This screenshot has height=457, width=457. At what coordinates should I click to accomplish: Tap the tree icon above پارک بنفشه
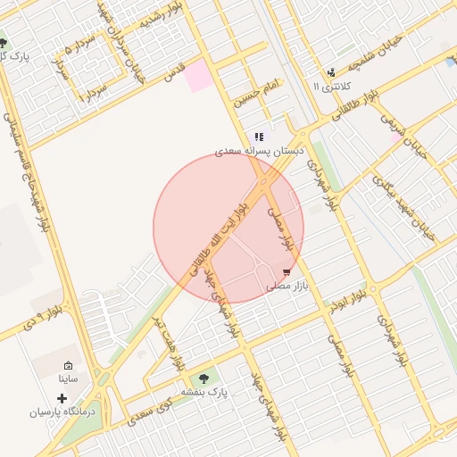point(206,378)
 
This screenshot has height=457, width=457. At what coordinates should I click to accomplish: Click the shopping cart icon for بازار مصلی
point(286,271)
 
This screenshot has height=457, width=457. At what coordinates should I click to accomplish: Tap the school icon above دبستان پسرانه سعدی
point(259,137)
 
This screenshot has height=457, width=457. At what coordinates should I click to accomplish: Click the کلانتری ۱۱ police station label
point(332,87)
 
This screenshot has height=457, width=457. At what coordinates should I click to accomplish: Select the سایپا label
point(69,379)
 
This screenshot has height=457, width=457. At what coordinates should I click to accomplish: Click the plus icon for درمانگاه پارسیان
point(62,397)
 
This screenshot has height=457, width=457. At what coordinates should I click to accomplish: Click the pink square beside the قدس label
point(198,77)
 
